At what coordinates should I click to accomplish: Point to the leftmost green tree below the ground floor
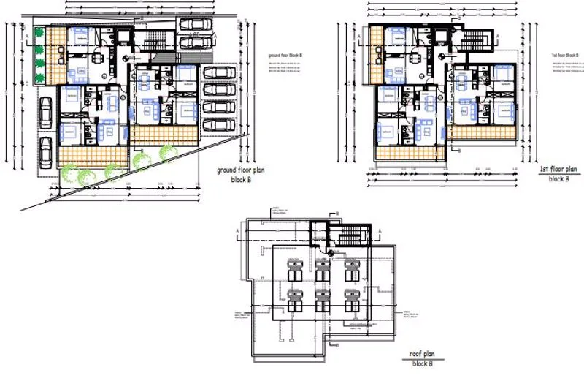[67, 176]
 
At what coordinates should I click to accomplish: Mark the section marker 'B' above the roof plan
[339, 213]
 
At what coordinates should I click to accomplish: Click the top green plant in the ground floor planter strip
[39, 34]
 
